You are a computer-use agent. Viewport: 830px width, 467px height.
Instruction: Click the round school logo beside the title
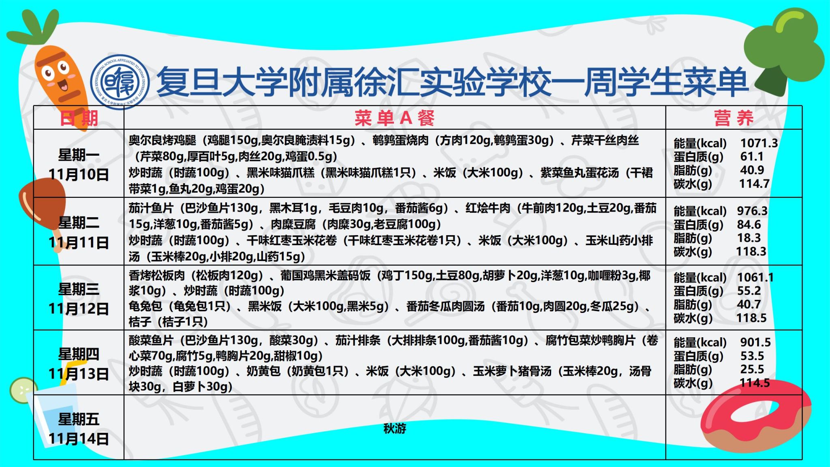pyautogui.click(x=120, y=82)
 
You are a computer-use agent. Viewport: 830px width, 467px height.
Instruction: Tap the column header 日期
pyautogui.click(x=79, y=118)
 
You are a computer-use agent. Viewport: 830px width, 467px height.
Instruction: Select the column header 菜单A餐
pyautogui.click(x=394, y=118)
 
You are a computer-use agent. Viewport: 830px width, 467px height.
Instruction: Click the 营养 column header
pyautogui.click(x=734, y=118)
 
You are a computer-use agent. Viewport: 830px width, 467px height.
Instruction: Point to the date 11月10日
pyautogui.click(x=79, y=174)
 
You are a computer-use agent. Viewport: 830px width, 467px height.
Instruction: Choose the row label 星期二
pyautogui.click(x=79, y=223)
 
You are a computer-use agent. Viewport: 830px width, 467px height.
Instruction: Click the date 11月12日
pyautogui.click(x=79, y=309)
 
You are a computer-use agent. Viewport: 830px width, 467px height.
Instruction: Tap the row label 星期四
pyautogui.click(x=79, y=354)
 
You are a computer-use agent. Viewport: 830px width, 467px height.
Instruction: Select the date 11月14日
pyautogui.click(x=79, y=439)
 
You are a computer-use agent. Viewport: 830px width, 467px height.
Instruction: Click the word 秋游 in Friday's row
pyautogui.click(x=395, y=428)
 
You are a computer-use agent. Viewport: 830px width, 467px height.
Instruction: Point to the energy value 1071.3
pyautogui.click(x=759, y=143)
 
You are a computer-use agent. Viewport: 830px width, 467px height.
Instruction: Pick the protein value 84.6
pyautogui.click(x=749, y=224)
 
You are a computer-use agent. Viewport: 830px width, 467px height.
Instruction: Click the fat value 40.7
pyautogui.click(x=749, y=304)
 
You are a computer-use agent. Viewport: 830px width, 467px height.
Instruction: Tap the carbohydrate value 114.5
pyautogui.click(x=754, y=383)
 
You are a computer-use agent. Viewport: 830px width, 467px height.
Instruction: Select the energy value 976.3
pyautogui.click(x=752, y=211)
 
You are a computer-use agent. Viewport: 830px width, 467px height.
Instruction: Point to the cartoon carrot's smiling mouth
pyautogui.click(x=64, y=85)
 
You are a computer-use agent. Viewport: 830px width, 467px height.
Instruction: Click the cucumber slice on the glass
pyautogui.click(x=22, y=390)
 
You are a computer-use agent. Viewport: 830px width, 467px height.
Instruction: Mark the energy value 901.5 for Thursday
pyautogui.click(x=755, y=343)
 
